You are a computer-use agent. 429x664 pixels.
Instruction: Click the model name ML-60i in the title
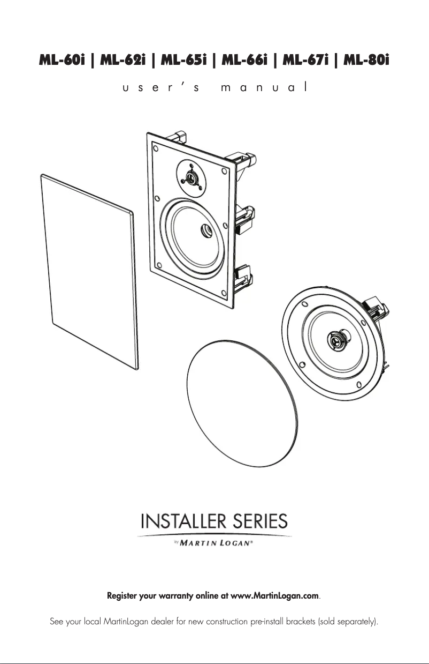coord(62,61)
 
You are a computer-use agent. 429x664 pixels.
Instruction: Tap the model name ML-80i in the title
coord(366,61)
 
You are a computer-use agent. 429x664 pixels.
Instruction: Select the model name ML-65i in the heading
coord(183,61)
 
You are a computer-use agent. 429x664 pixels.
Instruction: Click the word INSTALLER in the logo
coord(181,521)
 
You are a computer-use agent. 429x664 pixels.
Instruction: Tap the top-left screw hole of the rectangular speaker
coord(155,146)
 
